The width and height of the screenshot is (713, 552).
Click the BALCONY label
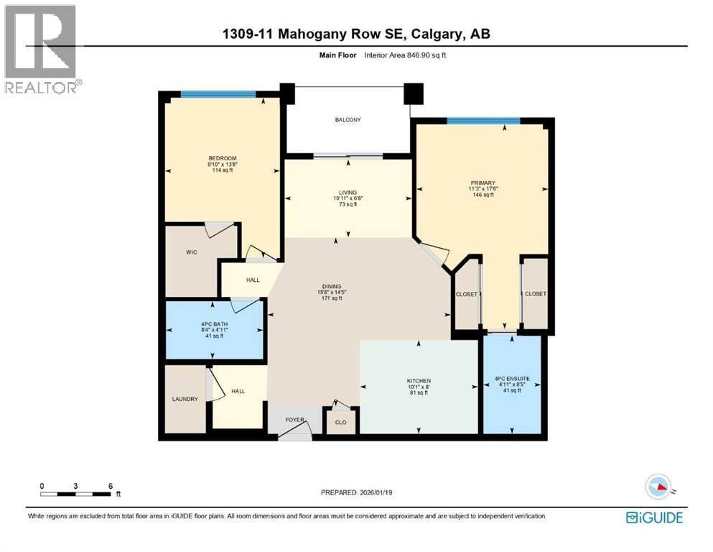coord(348,119)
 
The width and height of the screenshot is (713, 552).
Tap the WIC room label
coord(192,252)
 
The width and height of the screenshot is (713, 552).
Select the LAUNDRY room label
coord(185,400)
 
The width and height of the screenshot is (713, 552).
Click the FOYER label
coord(295,419)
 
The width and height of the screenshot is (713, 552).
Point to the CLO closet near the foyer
coord(341,423)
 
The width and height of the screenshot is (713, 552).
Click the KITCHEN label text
coord(419,380)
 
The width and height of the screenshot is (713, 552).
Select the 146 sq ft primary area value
coord(483,195)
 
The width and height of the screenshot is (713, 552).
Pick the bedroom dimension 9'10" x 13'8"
coord(222,165)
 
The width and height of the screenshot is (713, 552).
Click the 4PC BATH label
coord(215,323)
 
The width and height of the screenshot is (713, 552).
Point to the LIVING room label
coord(348,192)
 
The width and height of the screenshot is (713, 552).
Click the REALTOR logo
coord(42,50)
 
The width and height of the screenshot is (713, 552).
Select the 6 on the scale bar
coord(110,486)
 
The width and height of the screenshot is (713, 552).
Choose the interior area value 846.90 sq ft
coord(418,56)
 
